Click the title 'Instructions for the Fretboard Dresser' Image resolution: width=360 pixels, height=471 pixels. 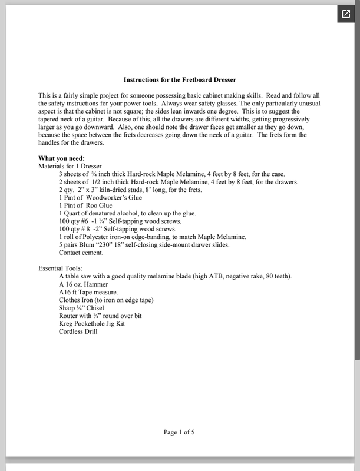180,79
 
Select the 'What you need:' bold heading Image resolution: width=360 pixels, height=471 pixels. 61,158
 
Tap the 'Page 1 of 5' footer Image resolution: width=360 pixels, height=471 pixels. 179,432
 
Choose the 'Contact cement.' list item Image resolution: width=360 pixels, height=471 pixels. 81,253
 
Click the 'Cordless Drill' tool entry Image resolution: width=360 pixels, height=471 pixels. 78,331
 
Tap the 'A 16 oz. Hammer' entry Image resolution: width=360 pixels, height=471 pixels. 85,284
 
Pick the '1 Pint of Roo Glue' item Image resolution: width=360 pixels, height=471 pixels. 87,205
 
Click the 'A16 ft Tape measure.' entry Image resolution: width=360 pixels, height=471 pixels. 92,292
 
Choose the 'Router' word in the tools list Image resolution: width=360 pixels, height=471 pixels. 70,316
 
